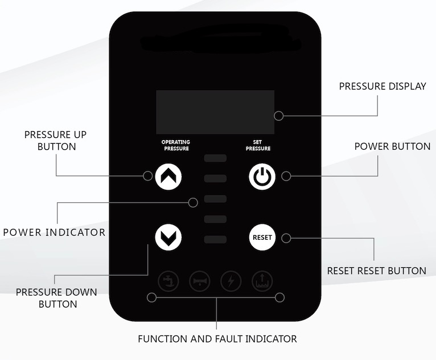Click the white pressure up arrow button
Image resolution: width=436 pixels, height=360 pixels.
click(168, 176)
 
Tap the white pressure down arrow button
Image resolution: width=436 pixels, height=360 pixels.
click(168, 236)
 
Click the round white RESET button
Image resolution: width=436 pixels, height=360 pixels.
click(262, 237)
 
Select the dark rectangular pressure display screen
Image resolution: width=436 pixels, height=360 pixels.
click(216, 112)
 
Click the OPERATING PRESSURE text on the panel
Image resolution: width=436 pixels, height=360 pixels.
click(175, 145)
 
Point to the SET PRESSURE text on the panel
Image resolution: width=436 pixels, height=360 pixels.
click(258, 145)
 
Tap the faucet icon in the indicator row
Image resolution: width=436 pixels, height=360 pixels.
click(169, 281)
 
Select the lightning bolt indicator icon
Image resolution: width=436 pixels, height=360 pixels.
click(231, 281)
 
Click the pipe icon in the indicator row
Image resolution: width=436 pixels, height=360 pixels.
click(200, 281)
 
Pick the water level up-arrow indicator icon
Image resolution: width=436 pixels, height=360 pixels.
click(262, 281)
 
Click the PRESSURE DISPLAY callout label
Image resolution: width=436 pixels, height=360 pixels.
click(382, 87)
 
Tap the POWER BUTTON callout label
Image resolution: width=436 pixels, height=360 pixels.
click(392, 146)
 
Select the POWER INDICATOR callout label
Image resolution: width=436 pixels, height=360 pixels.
click(54, 232)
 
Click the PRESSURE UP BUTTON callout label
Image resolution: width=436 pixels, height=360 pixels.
click(55, 141)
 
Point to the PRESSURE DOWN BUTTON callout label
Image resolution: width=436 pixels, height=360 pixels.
click(56, 298)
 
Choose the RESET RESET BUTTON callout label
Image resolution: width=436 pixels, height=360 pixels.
click(376, 271)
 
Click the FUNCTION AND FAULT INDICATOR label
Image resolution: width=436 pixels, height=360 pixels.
click(217, 339)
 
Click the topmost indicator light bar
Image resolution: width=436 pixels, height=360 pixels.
click(216, 158)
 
